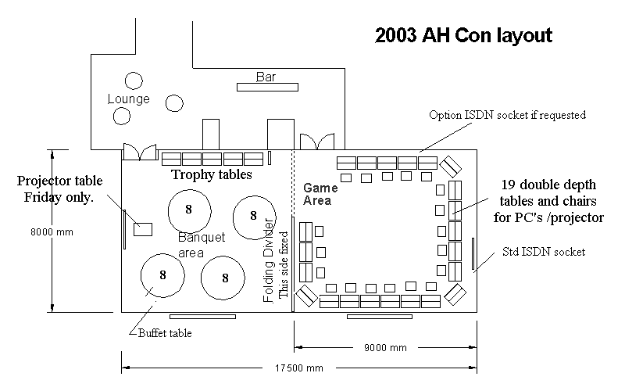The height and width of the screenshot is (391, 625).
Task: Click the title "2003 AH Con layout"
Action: point(463,35)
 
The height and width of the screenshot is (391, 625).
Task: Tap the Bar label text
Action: point(266,77)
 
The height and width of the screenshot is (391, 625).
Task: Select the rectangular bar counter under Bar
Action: point(267,87)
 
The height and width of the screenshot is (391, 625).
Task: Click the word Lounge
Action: point(129,99)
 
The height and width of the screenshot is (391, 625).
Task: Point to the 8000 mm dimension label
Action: point(52,231)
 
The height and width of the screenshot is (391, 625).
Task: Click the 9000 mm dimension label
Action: point(385,347)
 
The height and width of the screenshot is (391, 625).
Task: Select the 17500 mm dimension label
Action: point(299,368)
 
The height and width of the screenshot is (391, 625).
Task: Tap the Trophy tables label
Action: point(212,174)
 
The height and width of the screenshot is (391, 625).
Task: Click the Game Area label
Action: point(320,194)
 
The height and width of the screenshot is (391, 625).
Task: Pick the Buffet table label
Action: point(165,333)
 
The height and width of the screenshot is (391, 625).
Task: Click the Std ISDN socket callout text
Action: point(544,252)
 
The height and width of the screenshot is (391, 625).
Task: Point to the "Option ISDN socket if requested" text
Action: point(507,115)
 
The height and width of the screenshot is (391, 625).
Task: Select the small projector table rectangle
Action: point(143,229)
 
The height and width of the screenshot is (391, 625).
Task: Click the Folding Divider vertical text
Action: point(269,260)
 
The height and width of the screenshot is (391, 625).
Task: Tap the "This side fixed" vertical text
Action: point(283,264)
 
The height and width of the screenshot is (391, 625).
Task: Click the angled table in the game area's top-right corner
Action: point(451,167)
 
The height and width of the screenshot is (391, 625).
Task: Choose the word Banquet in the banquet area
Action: point(202,238)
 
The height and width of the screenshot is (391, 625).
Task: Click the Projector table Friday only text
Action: point(59,188)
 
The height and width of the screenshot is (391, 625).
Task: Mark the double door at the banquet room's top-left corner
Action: point(140,152)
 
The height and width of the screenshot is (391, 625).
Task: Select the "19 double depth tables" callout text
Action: point(548,201)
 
